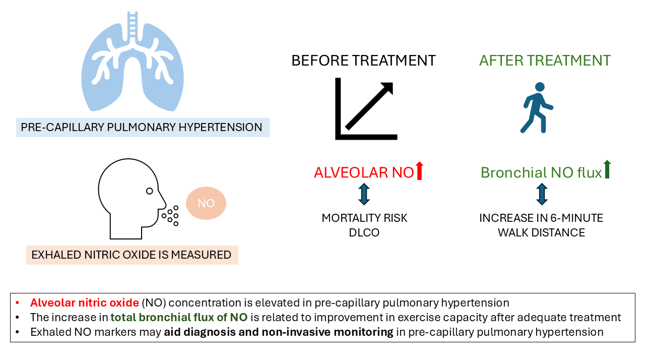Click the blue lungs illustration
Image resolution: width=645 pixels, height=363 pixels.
point(133,66)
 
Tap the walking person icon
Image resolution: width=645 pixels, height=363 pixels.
point(537,108)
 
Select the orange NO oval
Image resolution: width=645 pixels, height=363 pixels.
point(206,203)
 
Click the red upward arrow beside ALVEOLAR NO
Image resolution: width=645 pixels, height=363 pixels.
point(420,171)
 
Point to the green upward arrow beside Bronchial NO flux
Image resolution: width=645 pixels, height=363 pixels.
point(607,169)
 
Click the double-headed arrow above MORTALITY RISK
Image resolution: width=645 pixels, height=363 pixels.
point(364,194)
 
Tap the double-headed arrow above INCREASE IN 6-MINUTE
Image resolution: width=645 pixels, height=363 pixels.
point(542,194)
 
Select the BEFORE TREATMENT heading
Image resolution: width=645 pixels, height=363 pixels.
point(363,61)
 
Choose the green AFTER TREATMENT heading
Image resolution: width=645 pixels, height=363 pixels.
point(545,61)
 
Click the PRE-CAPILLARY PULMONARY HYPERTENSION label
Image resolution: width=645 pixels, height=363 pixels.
point(143,127)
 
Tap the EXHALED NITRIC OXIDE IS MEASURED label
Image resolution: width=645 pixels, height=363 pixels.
point(132,255)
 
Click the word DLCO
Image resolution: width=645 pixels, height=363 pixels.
point(364,232)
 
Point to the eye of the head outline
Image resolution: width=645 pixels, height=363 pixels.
point(149,191)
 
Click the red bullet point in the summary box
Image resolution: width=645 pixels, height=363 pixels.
point(18,303)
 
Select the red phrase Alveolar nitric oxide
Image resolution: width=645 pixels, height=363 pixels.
point(84,303)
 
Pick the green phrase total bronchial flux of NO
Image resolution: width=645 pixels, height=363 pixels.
point(178,318)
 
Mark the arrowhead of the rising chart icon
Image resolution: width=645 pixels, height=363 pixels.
point(386,89)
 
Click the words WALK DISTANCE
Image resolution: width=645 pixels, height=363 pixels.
point(541,232)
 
